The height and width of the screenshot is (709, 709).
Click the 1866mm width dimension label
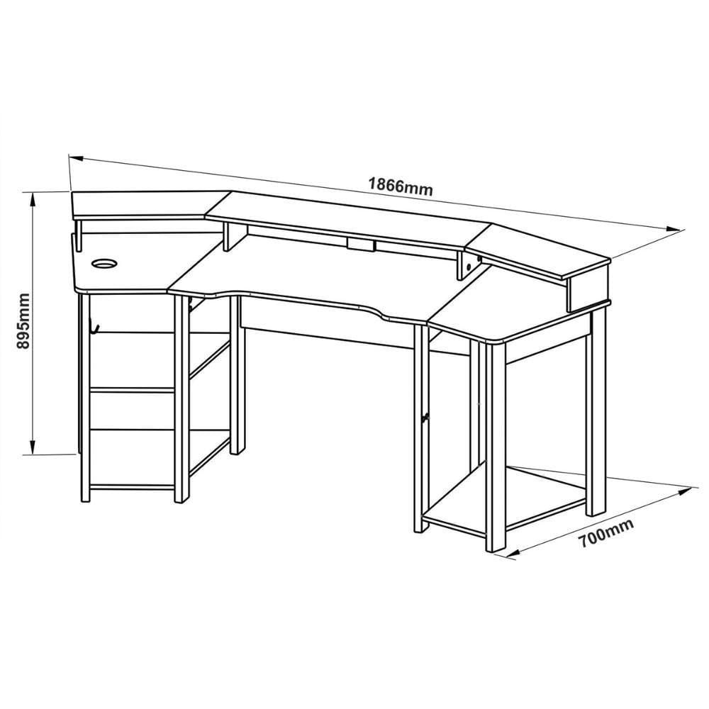pyautogui.click(x=401, y=186)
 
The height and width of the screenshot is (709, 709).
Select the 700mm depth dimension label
pyautogui.click(x=606, y=533)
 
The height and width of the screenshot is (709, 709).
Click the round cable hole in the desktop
pyautogui.click(x=104, y=263)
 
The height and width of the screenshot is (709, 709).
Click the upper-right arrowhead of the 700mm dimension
pyautogui.click(x=685, y=490)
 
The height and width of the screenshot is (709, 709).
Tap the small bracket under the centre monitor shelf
pyautogui.click(x=362, y=245)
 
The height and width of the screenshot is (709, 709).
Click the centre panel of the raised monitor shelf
pyautogui.click(x=348, y=221)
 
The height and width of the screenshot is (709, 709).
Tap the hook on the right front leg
pyautogui.click(x=425, y=418)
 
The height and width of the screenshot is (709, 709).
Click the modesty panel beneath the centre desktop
pyautogui.click(x=330, y=323)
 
